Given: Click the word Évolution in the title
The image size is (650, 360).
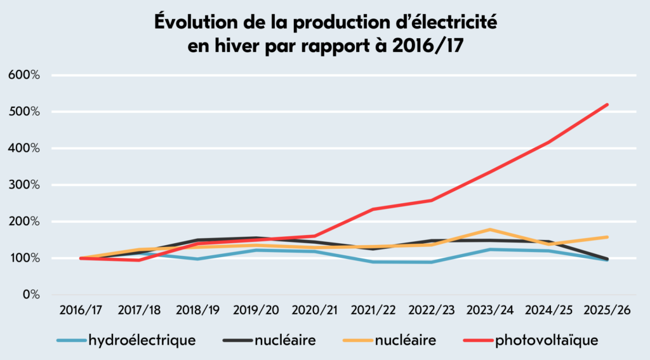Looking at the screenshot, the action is [196, 22].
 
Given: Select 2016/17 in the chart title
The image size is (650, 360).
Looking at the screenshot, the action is [427, 46].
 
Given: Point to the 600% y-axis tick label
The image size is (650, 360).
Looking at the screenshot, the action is [24, 75].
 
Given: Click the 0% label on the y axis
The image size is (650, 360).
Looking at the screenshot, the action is [30, 295].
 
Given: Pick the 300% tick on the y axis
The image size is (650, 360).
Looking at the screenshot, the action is [24, 185].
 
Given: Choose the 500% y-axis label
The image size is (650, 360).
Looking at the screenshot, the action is [24, 112].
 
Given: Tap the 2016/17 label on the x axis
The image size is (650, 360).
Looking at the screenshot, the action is [81, 310].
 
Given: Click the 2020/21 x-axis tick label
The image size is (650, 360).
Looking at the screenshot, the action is [315, 310].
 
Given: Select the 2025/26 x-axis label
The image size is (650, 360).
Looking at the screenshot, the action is [607, 310].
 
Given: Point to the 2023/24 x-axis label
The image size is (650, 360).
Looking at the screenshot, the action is [490, 310].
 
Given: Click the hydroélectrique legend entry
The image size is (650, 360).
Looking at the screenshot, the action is [126, 340].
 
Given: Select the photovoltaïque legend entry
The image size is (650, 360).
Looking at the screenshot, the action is [531, 340].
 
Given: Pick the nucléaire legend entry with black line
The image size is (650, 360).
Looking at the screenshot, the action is [269, 340].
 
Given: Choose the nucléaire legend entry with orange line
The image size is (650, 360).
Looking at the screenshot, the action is [390, 340].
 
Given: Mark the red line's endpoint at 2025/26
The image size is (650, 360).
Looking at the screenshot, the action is [607, 105].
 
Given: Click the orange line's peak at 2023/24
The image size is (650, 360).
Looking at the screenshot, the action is [490, 229].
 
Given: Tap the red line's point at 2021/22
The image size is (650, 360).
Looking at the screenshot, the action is [373, 209].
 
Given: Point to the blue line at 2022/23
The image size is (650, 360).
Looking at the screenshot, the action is [432, 262].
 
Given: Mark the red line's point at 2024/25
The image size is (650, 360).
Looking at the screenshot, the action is [549, 142].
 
